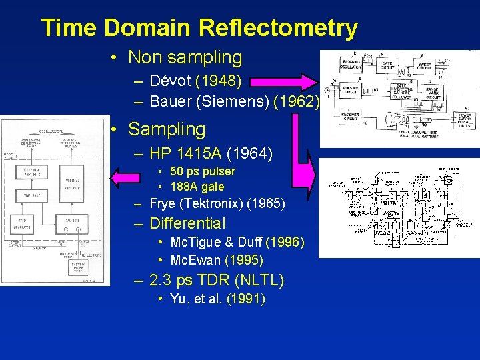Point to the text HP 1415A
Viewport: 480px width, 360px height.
tap(186, 154)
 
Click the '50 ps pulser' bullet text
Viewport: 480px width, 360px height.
tap(203, 171)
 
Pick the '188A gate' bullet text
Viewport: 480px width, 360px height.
tap(197, 187)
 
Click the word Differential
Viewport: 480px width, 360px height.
tap(188, 224)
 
